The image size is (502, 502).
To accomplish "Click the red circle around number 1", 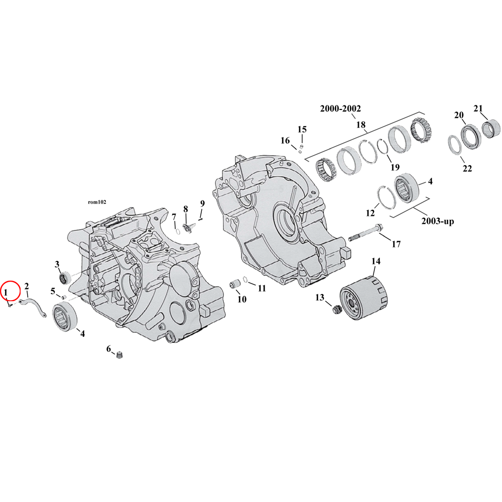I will (x=10, y=291).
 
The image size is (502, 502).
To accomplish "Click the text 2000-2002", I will (x=341, y=108).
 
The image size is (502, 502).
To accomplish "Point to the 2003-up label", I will (x=437, y=221).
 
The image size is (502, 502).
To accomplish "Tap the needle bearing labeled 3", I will (x=64, y=277).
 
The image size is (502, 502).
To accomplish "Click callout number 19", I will (x=395, y=167).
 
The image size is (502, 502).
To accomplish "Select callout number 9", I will (x=202, y=203).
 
